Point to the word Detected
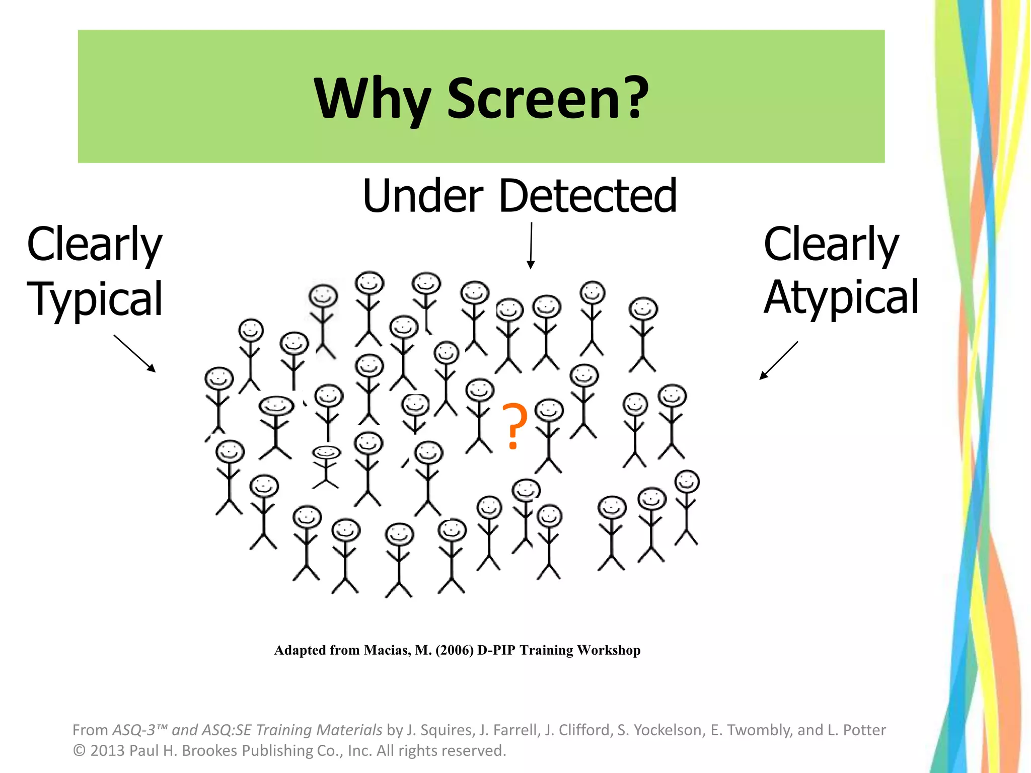587,196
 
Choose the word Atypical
841,297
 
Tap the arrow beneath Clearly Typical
134,353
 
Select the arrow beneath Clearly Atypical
779,360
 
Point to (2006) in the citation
455,650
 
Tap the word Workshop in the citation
609,650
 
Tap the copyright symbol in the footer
79,751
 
